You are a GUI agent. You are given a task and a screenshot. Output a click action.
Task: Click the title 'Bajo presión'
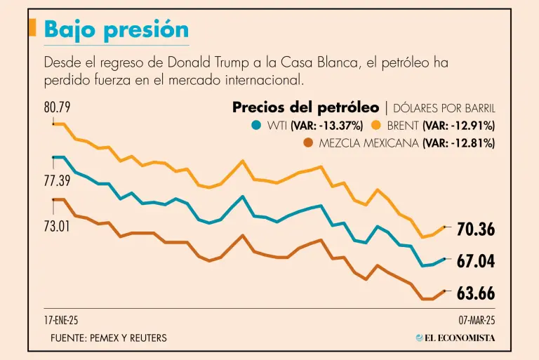(116, 29)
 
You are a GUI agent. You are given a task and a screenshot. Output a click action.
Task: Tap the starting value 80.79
(58, 108)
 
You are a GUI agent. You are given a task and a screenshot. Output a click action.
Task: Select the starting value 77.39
(58, 181)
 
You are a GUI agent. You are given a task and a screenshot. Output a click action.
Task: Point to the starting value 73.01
(58, 227)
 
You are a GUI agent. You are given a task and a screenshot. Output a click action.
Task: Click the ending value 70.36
(476, 229)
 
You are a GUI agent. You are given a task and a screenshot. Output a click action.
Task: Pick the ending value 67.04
(476, 262)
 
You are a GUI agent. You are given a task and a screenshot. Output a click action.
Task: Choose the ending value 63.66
(476, 294)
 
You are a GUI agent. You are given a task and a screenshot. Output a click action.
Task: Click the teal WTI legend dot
(256, 126)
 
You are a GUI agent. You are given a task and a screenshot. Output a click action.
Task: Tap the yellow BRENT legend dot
(375, 126)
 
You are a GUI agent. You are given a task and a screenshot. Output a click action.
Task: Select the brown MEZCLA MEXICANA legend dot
(307, 143)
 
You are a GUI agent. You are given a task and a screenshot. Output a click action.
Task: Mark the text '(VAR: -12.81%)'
(459, 143)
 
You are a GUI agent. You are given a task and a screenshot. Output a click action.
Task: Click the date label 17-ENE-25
(61, 320)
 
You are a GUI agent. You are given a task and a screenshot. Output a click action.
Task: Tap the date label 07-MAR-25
(477, 320)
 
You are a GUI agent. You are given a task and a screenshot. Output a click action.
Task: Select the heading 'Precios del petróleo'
(305, 108)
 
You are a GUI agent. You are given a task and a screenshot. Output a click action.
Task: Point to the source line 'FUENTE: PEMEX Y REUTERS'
(109, 338)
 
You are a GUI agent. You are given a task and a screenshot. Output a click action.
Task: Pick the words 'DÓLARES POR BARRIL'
(444, 109)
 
